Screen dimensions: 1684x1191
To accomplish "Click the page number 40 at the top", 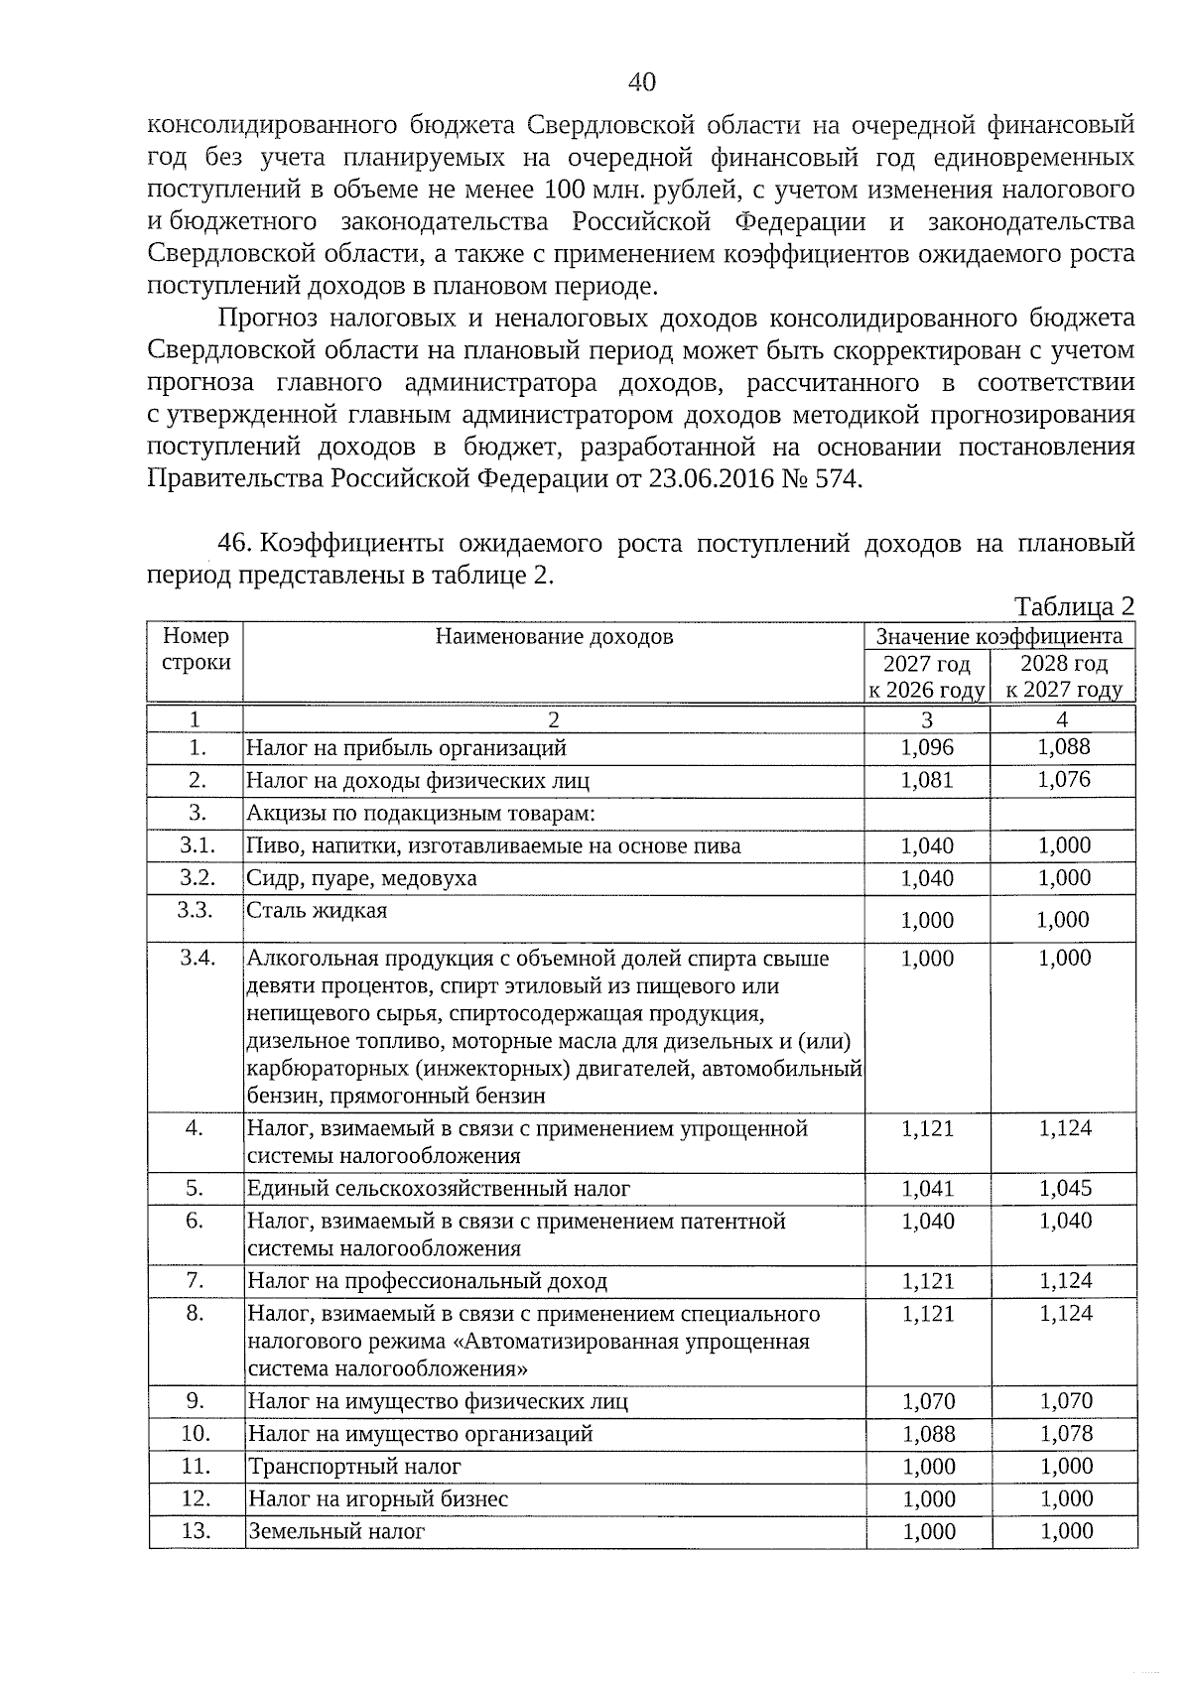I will [642, 82].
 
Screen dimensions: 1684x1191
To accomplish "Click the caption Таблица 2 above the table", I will [1074, 607].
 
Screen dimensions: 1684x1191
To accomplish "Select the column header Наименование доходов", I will [554, 636].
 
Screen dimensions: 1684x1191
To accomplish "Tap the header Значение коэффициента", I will [999, 636].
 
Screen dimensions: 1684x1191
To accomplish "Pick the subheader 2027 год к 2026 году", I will [927, 677].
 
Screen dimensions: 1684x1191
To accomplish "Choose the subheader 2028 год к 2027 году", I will [1064, 677].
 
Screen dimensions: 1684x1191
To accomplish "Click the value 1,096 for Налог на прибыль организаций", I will [927, 747].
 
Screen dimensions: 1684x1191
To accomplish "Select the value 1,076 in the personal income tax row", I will [1064, 780].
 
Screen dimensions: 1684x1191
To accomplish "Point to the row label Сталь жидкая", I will [317, 911].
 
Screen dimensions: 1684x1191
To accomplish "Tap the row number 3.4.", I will [197, 959].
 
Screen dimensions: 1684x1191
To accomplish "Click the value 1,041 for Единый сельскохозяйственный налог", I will [927, 1189].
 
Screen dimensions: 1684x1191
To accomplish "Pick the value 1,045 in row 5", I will [1065, 1189].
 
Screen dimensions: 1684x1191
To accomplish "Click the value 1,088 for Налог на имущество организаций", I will [928, 1434].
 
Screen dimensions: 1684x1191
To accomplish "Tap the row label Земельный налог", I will [336, 1532].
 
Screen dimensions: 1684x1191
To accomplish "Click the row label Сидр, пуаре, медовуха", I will [361, 878].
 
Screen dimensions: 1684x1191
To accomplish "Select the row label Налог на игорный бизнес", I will [377, 1499].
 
